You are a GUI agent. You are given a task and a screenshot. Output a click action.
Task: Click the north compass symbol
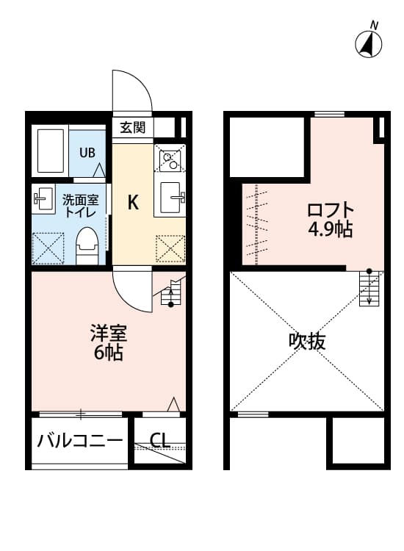point(369,43)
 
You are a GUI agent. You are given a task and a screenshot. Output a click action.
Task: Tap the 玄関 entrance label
point(133,127)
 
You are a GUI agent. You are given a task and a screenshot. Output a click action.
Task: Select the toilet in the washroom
point(87,245)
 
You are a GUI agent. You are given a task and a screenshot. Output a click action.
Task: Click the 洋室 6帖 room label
point(109,342)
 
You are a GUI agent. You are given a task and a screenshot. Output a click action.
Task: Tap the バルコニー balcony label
point(80,441)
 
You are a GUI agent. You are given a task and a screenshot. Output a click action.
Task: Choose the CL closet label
point(160,441)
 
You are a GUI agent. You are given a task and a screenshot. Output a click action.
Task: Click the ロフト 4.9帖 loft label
point(331,219)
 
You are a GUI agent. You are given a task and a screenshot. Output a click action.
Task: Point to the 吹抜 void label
point(307,341)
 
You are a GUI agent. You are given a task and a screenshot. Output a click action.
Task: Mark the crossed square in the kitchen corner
point(170,248)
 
